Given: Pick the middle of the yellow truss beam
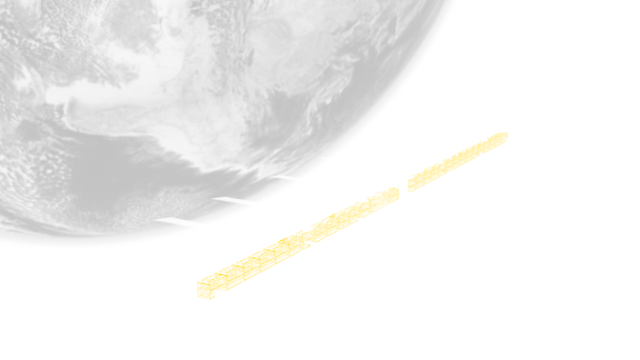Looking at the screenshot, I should tap(350, 212).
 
